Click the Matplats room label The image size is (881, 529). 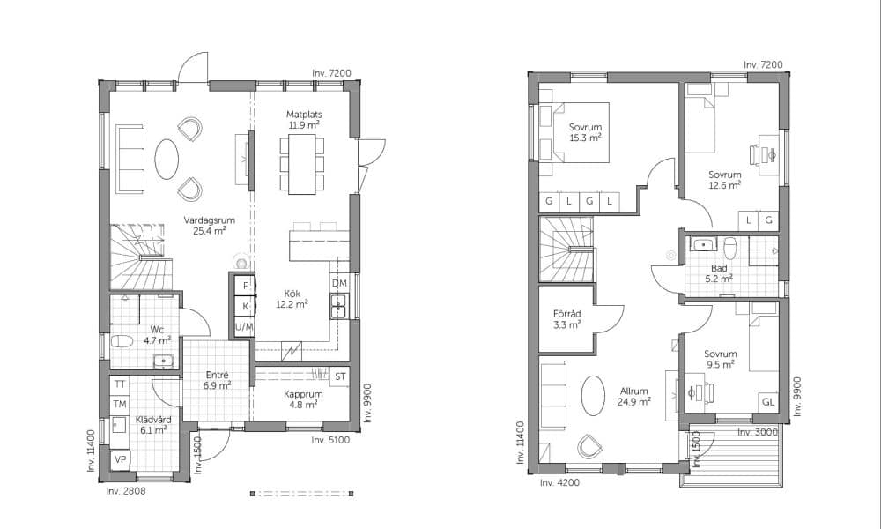point(304,115)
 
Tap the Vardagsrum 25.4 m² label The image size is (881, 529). point(209,225)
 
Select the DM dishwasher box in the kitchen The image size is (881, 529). point(339,283)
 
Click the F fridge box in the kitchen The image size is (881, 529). point(246,286)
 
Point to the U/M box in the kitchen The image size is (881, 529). point(244,326)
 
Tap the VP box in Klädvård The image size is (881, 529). point(120,459)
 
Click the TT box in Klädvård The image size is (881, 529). point(120,384)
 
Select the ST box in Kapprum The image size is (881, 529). point(340,376)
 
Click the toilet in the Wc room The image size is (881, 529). point(122,341)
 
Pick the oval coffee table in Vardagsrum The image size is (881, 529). point(167,159)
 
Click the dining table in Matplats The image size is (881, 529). point(302,164)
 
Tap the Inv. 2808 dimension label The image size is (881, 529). point(126,491)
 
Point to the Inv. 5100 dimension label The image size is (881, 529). point(330,440)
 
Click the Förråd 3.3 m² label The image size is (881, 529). point(566,319)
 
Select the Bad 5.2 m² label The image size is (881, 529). point(719,273)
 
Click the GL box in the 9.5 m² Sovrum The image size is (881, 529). point(768,403)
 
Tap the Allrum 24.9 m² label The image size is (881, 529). point(634,397)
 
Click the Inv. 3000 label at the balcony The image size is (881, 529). point(758,432)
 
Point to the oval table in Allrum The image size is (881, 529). point(593,396)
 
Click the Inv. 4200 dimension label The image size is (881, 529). point(559,482)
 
